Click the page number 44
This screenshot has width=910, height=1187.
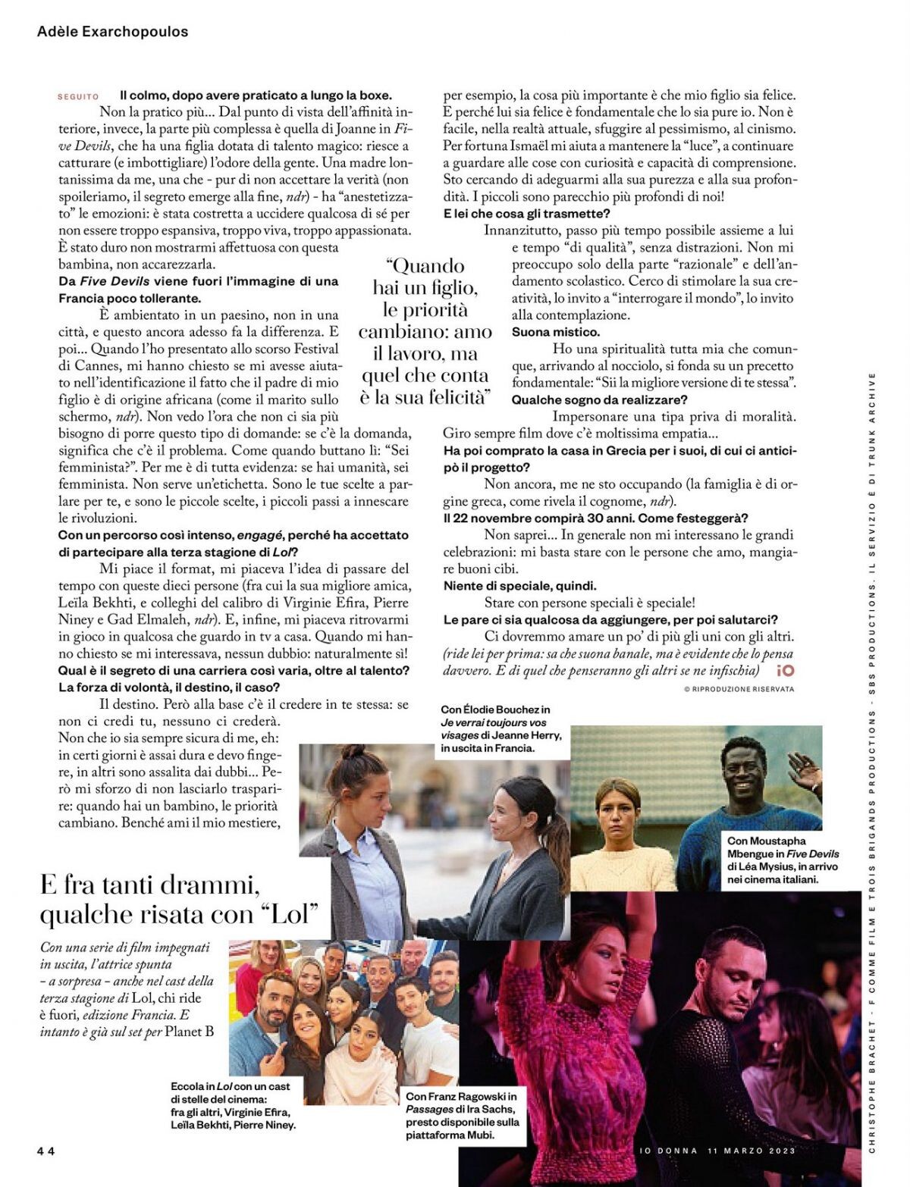(45, 1150)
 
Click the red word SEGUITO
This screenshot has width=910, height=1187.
(78, 97)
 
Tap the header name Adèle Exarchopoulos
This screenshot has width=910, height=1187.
(112, 32)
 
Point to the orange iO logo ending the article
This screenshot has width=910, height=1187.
(785, 670)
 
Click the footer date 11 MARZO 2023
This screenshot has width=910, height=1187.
(751, 1150)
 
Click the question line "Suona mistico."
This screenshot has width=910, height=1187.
(555, 332)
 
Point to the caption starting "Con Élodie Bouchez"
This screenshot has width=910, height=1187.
(500, 728)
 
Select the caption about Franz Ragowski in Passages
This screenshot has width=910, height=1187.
(463, 1115)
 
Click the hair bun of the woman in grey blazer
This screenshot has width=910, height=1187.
(353, 751)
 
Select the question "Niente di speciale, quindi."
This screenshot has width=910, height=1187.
(519, 586)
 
